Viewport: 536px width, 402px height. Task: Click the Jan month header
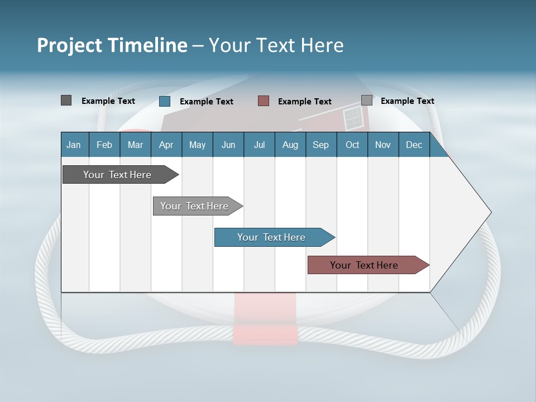[x=74, y=145]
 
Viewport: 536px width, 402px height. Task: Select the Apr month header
[x=166, y=145]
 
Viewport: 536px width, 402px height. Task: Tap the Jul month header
[x=259, y=145]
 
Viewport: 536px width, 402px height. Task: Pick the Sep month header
[x=320, y=145]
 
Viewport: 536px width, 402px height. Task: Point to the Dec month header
[x=414, y=145]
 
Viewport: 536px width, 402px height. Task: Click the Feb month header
[x=104, y=145]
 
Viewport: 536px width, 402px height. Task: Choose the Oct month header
[x=352, y=145]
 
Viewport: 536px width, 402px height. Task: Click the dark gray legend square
[x=66, y=100]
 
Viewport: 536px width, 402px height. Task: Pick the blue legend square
[x=165, y=101]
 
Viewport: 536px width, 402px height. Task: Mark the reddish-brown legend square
[x=264, y=101]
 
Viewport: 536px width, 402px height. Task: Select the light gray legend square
[x=367, y=100]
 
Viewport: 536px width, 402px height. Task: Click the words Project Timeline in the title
[x=112, y=45]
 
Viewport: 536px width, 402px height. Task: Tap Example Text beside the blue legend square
[x=207, y=102]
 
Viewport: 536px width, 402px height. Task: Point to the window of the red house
[x=353, y=118]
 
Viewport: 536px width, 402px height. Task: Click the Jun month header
[x=228, y=145]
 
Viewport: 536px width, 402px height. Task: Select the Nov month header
[x=383, y=145]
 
